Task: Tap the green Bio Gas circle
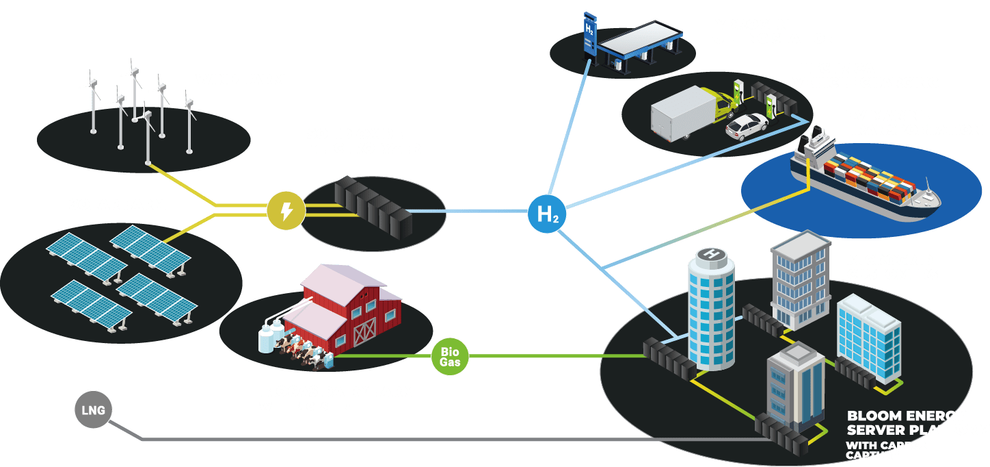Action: tap(450, 357)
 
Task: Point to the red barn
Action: tap(349, 308)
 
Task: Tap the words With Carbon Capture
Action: tap(887, 450)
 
